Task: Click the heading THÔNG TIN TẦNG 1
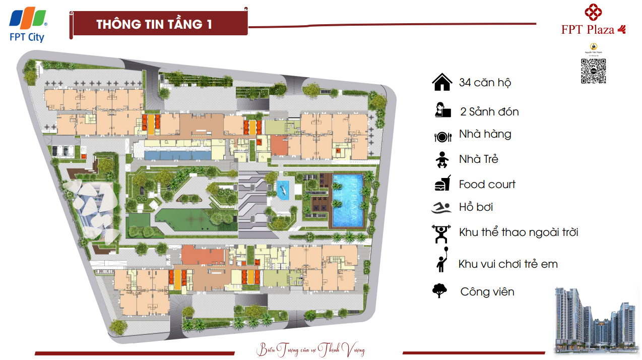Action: click(x=154, y=25)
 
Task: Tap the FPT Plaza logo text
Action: click(x=588, y=30)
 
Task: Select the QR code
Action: click(x=593, y=71)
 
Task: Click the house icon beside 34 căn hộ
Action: click(x=441, y=82)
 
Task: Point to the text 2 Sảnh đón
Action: click(x=489, y=111)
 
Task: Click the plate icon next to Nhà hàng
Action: click(x=442, y=136)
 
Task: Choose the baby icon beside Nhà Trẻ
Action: click(x=441, y=159)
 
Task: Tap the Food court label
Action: click(x=487, y=185)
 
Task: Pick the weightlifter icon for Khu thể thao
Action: click(x=441, y=233)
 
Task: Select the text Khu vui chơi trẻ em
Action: click(x=508, y=264)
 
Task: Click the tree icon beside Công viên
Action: click(x=440, y=290)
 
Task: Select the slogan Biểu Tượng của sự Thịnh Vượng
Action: click(x=310, y=349)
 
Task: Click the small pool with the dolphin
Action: click(x=283, y=190)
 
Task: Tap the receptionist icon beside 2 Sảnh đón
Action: click(x=441, y=110)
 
